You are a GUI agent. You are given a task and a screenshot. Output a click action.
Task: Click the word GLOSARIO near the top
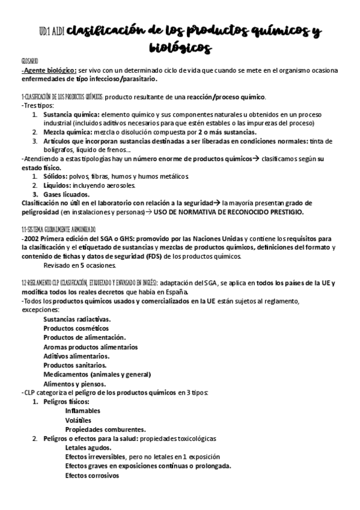(29, 61)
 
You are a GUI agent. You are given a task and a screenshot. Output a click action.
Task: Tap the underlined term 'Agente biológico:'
(50, 70)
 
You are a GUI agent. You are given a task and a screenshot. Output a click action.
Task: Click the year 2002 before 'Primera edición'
(31, 238)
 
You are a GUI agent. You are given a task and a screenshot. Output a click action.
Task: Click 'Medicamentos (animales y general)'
(97, 373)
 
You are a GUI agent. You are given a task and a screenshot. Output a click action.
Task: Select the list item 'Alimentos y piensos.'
(75, 383)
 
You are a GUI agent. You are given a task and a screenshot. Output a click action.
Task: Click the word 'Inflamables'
(83, 411)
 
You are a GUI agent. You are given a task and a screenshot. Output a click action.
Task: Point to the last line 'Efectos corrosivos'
(93, 475)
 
